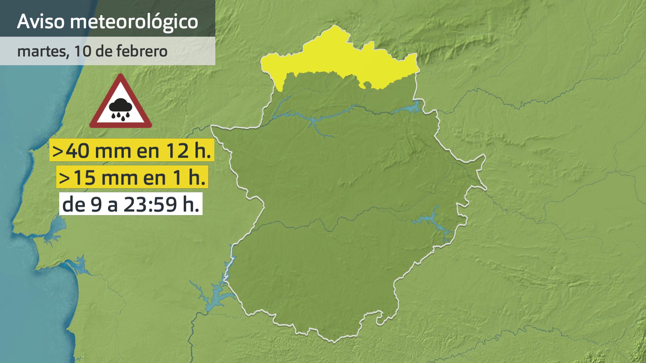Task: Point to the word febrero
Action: tap(142, 51)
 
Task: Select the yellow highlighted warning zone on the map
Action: tap(336, 57)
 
